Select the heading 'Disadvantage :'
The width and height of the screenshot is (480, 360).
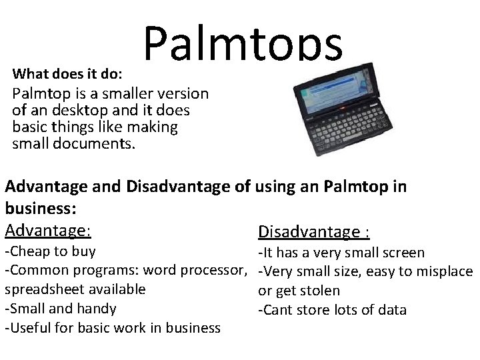314,231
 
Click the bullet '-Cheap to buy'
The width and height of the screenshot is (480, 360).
50,252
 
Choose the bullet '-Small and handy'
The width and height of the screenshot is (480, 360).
61,309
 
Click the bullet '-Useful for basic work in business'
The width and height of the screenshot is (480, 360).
113,327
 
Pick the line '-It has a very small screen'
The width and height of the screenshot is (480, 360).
350,253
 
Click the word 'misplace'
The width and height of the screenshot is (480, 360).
447,271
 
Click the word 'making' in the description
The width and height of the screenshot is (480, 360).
155,126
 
